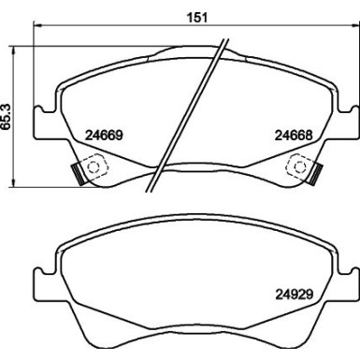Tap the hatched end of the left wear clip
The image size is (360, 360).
(x=74, y=174)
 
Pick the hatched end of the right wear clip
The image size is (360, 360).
(x=317, y=174)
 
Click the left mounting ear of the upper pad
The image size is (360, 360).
(x=39, y=120)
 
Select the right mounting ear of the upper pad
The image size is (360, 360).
(x=350, y=120)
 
